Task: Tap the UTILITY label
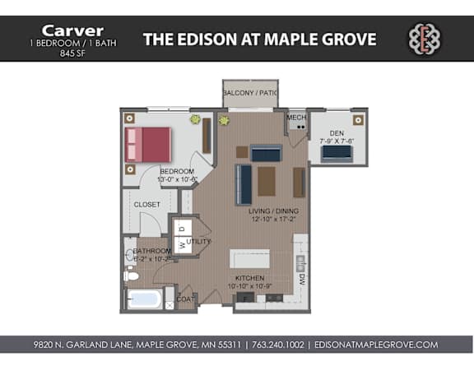click(199, 242)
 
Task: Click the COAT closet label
click(187, 299)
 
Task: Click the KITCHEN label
click(250, 278)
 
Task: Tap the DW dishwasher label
click(302, 279)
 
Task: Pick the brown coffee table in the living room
click(267, 180)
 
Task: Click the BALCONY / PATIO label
click(249, 93)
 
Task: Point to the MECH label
click(296, 118)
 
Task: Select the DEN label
click(336, 132)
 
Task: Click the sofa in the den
click(336, 154)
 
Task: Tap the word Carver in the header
click(67, 30)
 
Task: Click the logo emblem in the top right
click(426, 39)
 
